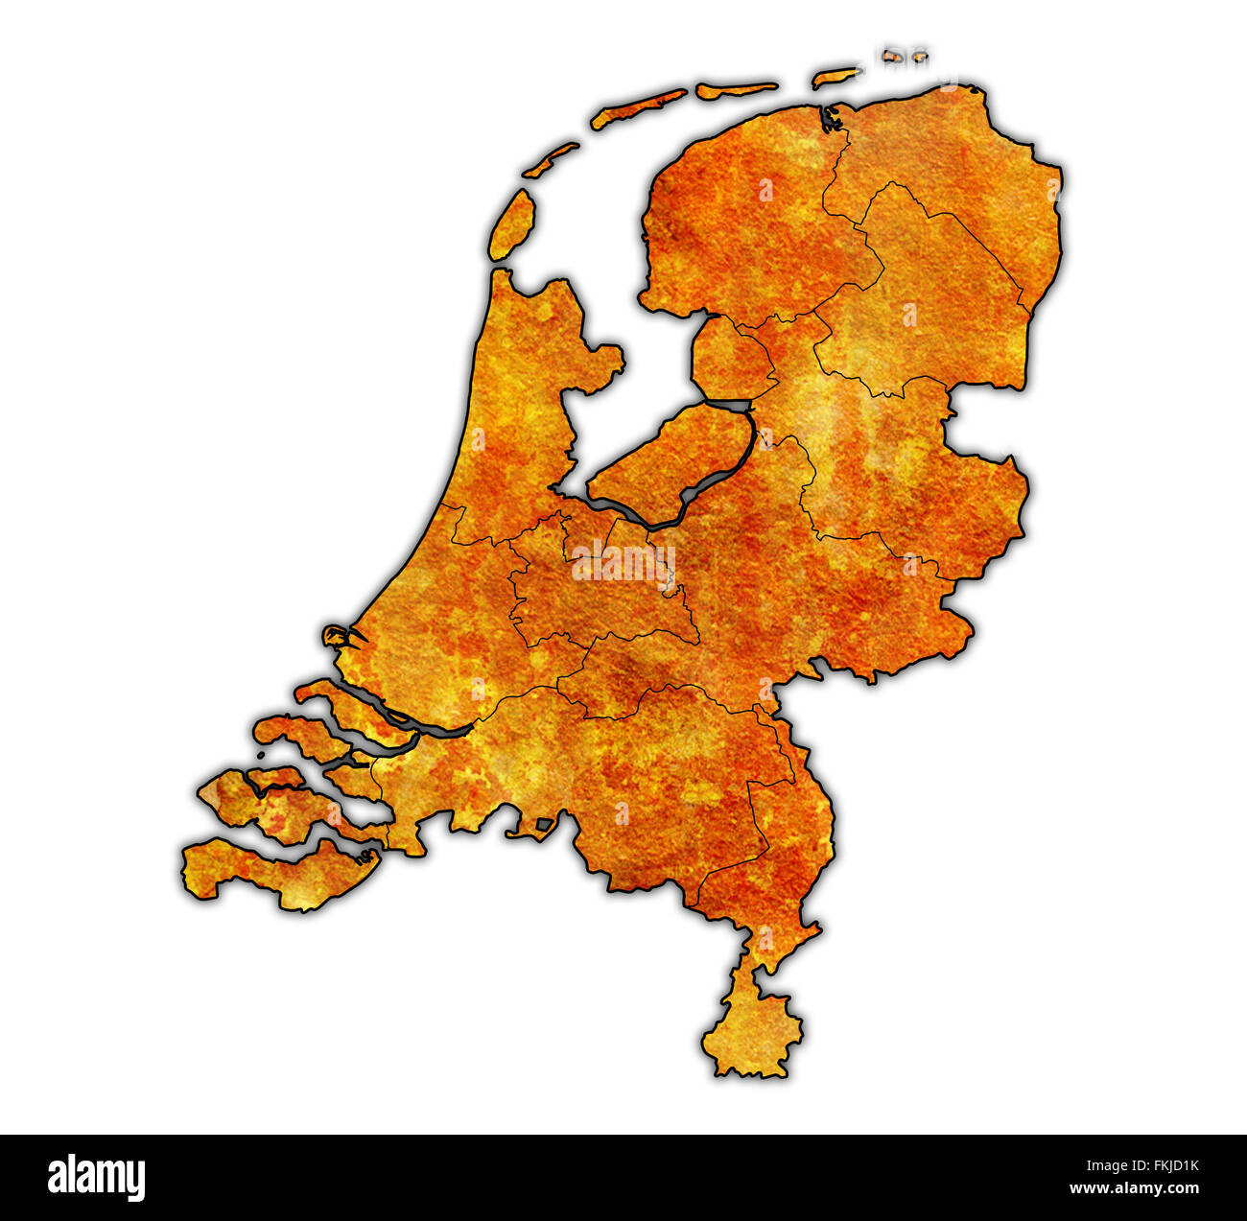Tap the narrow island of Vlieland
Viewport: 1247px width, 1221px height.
click(550, 159)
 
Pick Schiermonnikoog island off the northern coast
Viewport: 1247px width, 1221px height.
click(835, 76)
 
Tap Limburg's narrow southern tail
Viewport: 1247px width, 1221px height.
click(753, 1026)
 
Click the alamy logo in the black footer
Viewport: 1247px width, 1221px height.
click(96, 1177)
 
